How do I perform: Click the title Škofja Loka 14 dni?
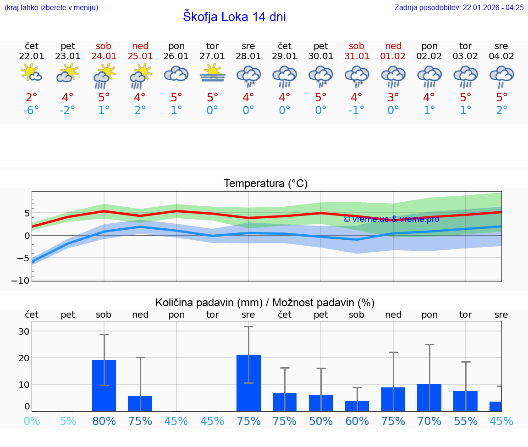(x=234, y=17)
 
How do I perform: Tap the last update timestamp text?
(x=459, y=7)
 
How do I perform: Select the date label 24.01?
(x=104, y=56)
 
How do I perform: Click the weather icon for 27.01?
(x=212, y=74)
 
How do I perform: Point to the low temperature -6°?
(x=32, y=110)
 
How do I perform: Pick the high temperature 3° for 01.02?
(x=393, y=98)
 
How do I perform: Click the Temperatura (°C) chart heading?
(x=265, y=184)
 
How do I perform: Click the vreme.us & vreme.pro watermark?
(x=391, y=219)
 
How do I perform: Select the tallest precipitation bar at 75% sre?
(x=248, y=383)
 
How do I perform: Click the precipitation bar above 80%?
(x=104, y=385)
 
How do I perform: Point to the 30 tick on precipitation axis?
(x=24, y=331)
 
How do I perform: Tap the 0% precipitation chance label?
(x=32, y=421)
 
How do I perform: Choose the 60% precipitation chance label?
(x=357, y=421)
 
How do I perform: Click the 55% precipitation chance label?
(x=465, y=421)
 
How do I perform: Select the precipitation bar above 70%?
(x=429, y=397)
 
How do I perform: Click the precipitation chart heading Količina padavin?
(x=265, y=303)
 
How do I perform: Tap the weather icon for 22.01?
(x=32, y=74)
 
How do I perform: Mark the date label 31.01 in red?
(x=357, y=56)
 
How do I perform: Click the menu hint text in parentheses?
(x=51, y=7)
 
